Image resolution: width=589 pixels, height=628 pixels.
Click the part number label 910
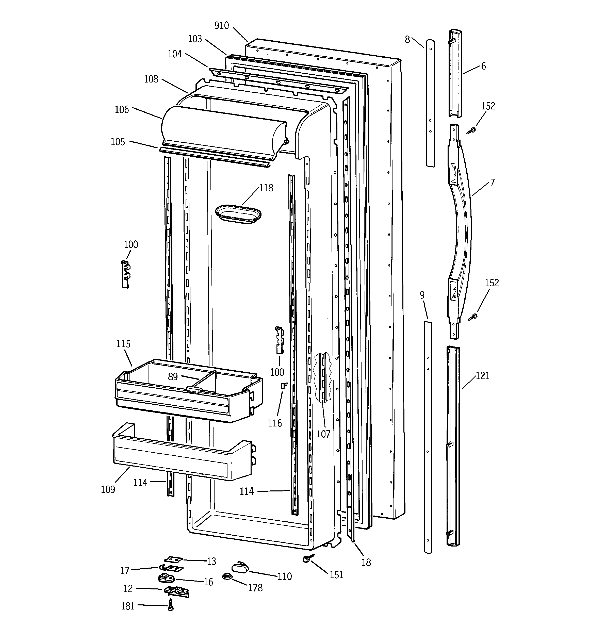[221, 26]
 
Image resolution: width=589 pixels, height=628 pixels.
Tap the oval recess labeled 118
[238, 214]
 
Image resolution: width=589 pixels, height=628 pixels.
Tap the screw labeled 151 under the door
[306, 558]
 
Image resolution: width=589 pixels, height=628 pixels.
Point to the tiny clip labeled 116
[283, 385]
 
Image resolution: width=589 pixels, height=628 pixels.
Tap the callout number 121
[483, 376]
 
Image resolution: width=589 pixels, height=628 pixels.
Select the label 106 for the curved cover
[122, 110]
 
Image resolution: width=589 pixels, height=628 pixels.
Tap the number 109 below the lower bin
[108, 489]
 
